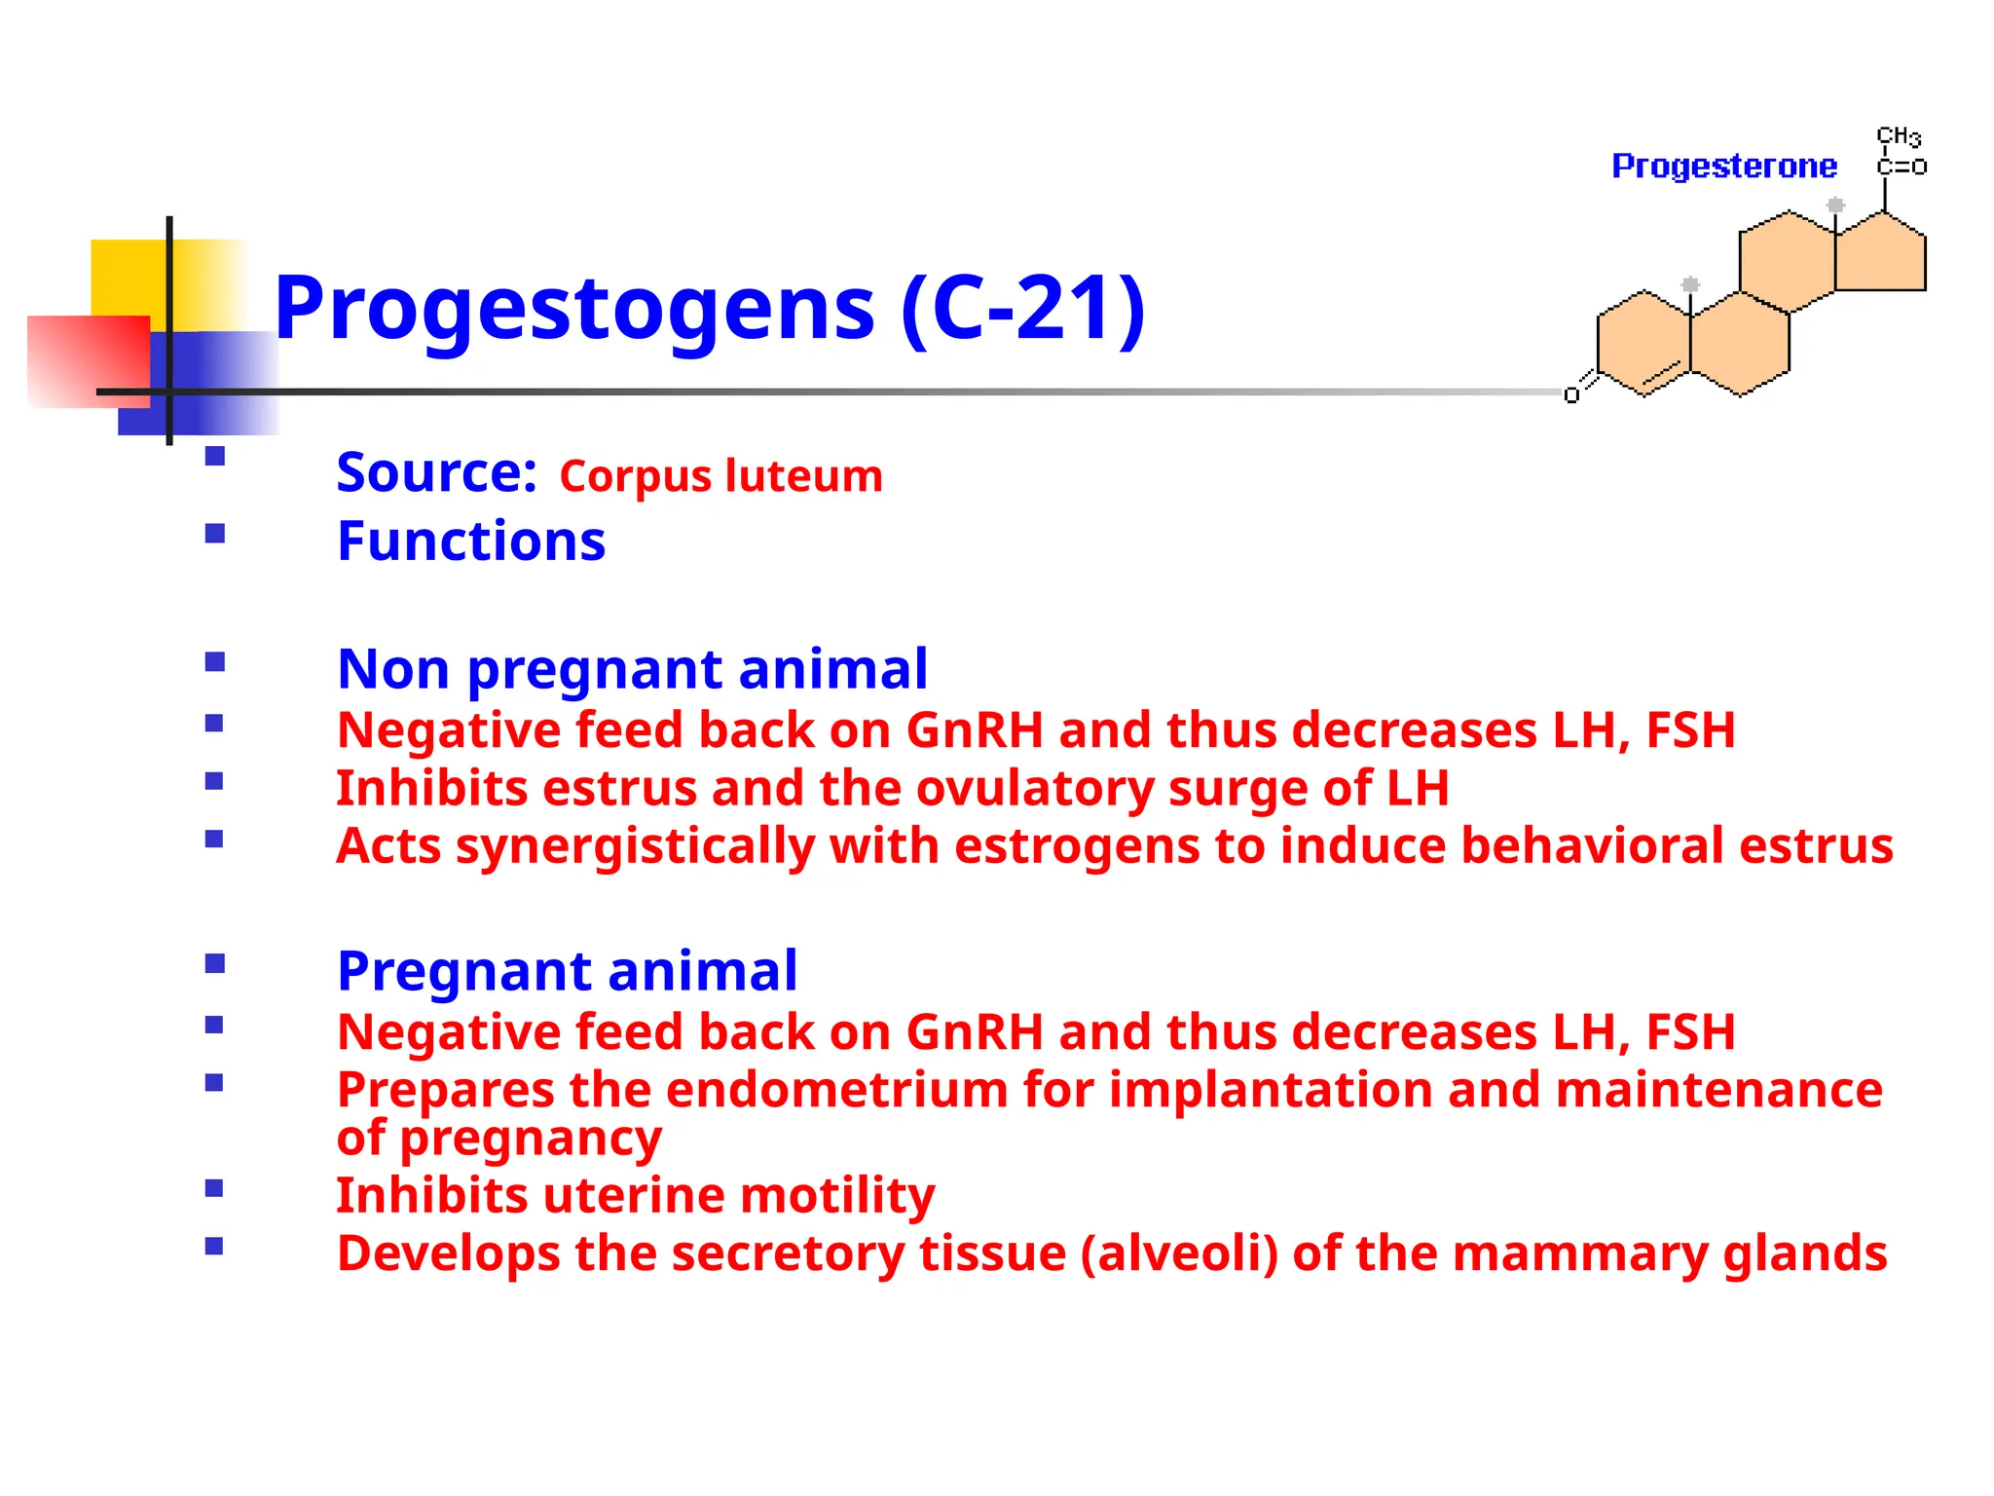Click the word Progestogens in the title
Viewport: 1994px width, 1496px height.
(x=574, y=310)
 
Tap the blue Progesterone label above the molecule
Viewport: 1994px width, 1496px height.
(x=1723, y=167)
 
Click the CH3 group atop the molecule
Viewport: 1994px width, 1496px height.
(x=1898, y=136)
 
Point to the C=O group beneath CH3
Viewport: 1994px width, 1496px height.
(x=1901, y=168)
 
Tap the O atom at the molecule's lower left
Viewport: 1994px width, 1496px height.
(x=1570, y=394)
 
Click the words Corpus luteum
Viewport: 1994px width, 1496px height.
(x=720, y=476)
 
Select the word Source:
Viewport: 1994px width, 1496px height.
(x=436, y=472)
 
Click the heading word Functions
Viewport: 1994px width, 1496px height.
(x=471, y=542)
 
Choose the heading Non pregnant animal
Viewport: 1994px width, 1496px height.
(x=632, y=669)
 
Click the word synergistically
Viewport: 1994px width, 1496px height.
(x=635, y=845)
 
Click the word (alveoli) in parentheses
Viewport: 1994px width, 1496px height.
(x=1178, y=1253)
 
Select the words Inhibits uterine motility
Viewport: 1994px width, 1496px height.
(x=635, y=1195)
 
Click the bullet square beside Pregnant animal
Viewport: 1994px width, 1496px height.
(x=215, y=964)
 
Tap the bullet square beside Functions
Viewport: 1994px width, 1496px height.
(x=215, y=533)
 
